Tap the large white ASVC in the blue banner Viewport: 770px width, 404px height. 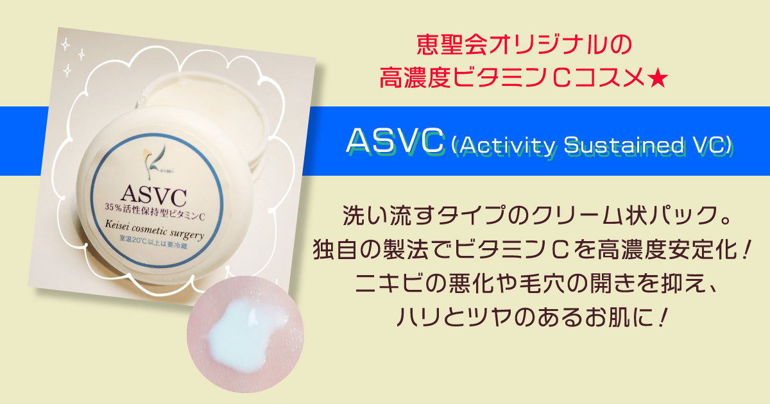[x=395, y=140]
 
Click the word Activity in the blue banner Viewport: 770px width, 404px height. [x=507, y=146]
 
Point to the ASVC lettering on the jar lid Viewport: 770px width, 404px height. [x=154, y=196]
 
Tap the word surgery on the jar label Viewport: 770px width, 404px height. [x=187, y=233]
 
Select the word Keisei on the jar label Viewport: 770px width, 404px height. [x=117, y=226]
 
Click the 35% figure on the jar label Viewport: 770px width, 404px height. [x=112, y=206]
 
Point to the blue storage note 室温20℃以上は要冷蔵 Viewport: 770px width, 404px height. [x=153, y=242]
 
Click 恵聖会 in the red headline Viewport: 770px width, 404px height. [x=452, y=45]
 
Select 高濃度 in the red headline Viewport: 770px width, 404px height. [x=415, y=79]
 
